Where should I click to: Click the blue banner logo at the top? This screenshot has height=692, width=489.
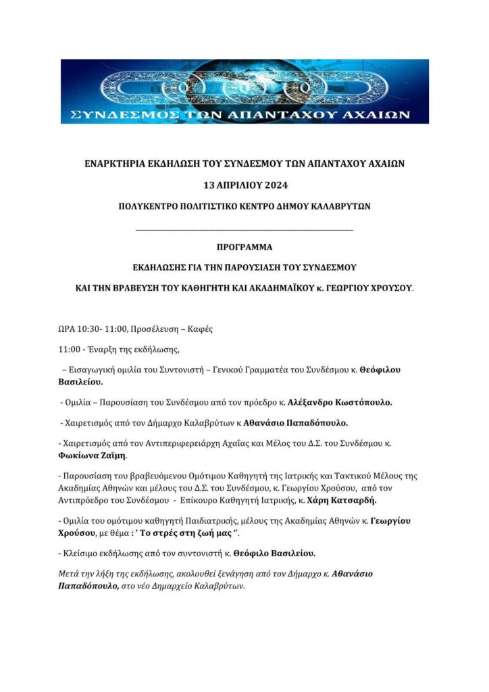tap(244, 91)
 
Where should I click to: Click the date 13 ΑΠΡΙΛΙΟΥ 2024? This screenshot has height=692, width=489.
tap(244, 184)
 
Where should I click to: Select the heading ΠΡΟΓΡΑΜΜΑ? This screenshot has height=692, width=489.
tap(244, 247)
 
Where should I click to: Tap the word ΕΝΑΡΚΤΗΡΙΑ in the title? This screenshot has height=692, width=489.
tap(113, 163)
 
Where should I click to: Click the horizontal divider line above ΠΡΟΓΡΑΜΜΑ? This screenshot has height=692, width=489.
tap(244, 231)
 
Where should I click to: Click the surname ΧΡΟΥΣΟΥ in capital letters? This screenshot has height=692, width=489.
tap(390, 287)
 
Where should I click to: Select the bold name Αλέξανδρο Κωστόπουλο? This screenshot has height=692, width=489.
tap(340, 402)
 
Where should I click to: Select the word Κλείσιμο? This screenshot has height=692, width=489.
tap(81, 553)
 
